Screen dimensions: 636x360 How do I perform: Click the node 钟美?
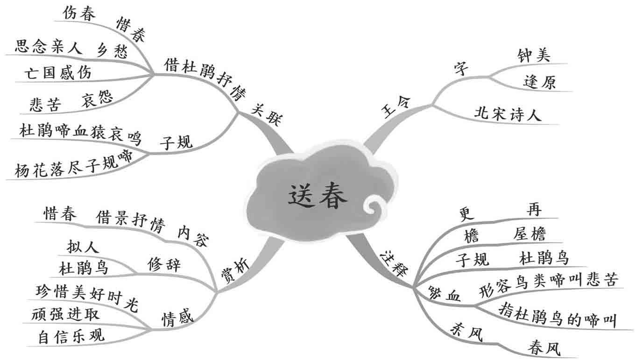[534, 56]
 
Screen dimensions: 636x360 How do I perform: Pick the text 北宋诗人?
[508, 114]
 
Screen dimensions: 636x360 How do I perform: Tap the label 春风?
[544, 347]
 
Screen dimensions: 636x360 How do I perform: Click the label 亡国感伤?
[58, 73]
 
